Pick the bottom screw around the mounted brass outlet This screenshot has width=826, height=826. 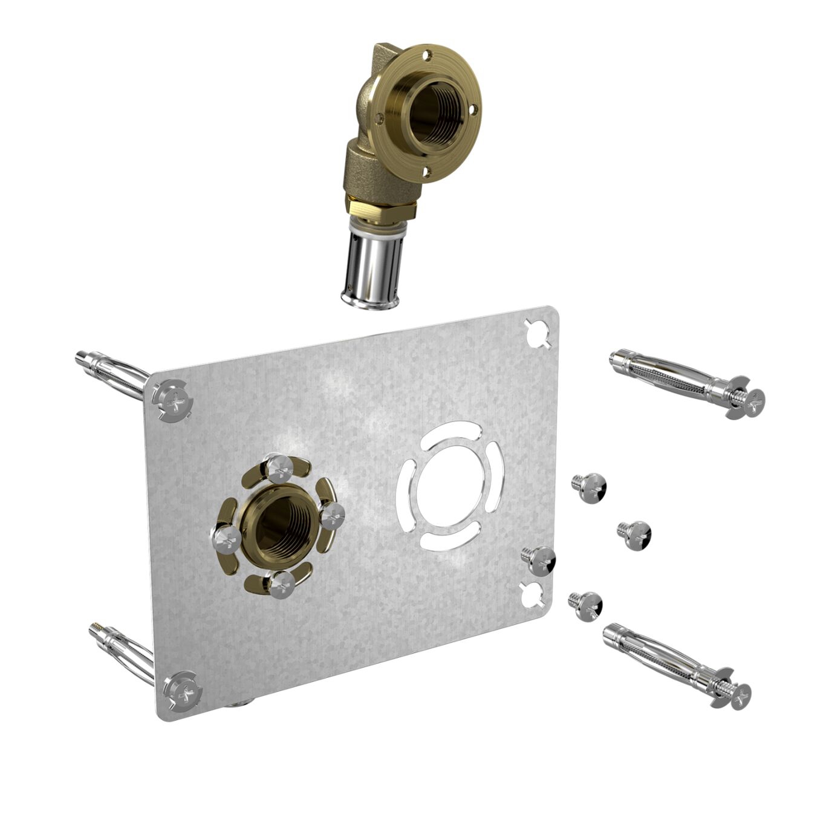pos(282,584)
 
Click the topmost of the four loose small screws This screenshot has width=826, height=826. pos(589,487)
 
